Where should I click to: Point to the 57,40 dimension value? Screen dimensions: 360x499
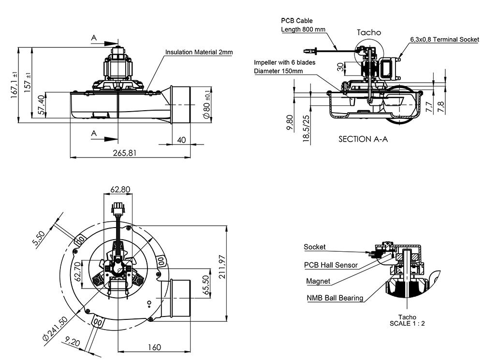click(x=42, y=105)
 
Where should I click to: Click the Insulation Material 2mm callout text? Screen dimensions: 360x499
click(x=199, y=52)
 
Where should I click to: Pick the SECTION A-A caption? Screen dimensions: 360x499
click(x=363, y=139)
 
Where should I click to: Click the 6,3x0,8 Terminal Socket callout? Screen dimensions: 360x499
click(x=444, y=39)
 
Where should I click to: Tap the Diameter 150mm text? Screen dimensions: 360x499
click(x=279, y=71)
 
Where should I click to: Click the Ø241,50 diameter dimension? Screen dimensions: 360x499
click(x=54, y=328)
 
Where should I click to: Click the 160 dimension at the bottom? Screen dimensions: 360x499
click(x=154, y=347)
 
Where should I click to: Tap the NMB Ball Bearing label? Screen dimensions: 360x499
click(x=335, y=298)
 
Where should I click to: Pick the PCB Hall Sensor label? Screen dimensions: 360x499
click(x=331, y=265)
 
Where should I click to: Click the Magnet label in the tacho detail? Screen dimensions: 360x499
click(x=318, y=281)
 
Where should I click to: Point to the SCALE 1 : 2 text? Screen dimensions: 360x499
click(x=407, y=323)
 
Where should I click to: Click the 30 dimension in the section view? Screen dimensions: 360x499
click(x=340, y=67)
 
